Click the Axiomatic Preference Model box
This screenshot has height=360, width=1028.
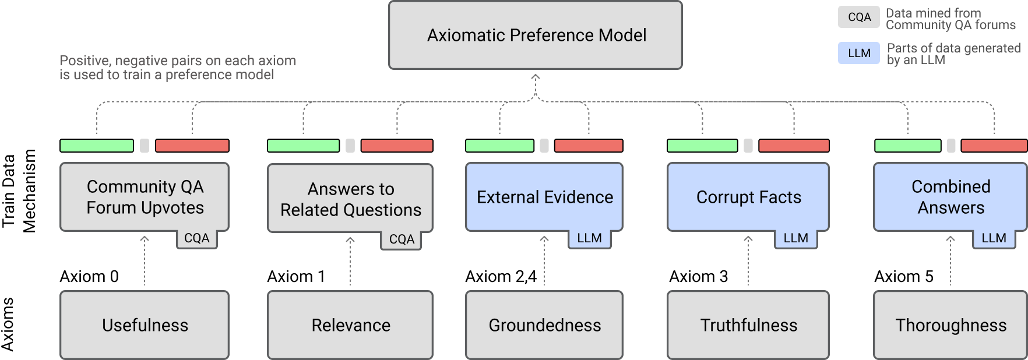(x=535, y=35)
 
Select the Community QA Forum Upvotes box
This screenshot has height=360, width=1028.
(x=145, y=197)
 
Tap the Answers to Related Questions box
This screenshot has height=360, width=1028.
(x=350, y=199)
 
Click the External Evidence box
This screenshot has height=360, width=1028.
(x=544, y=197)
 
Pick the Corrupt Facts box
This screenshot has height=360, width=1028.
(x=748, y=197)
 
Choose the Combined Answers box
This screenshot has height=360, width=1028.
(x=950, y=197)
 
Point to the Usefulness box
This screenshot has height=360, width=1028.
(x=145, y=325)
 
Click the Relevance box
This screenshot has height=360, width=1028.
(x=350, y=325)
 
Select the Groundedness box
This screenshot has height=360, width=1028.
(x=544, y=325)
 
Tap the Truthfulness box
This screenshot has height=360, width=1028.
(x=748, y=325)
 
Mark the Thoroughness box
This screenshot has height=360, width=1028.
(x=950, y=325)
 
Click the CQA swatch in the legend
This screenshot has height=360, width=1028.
(x=859, y=17)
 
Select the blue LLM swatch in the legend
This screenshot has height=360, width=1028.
(x=859, y=53)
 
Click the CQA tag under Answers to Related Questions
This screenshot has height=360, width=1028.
(x=402, y=239)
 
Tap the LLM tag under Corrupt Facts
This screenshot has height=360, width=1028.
(x=795, y=238)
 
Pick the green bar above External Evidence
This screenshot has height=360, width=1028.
(x=499, y=146)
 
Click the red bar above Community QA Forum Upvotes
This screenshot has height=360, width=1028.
(x=192, y=146)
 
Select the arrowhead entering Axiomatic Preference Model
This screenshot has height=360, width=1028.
(x=535, y=77)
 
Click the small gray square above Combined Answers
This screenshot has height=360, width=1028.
(x=950, y=146)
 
